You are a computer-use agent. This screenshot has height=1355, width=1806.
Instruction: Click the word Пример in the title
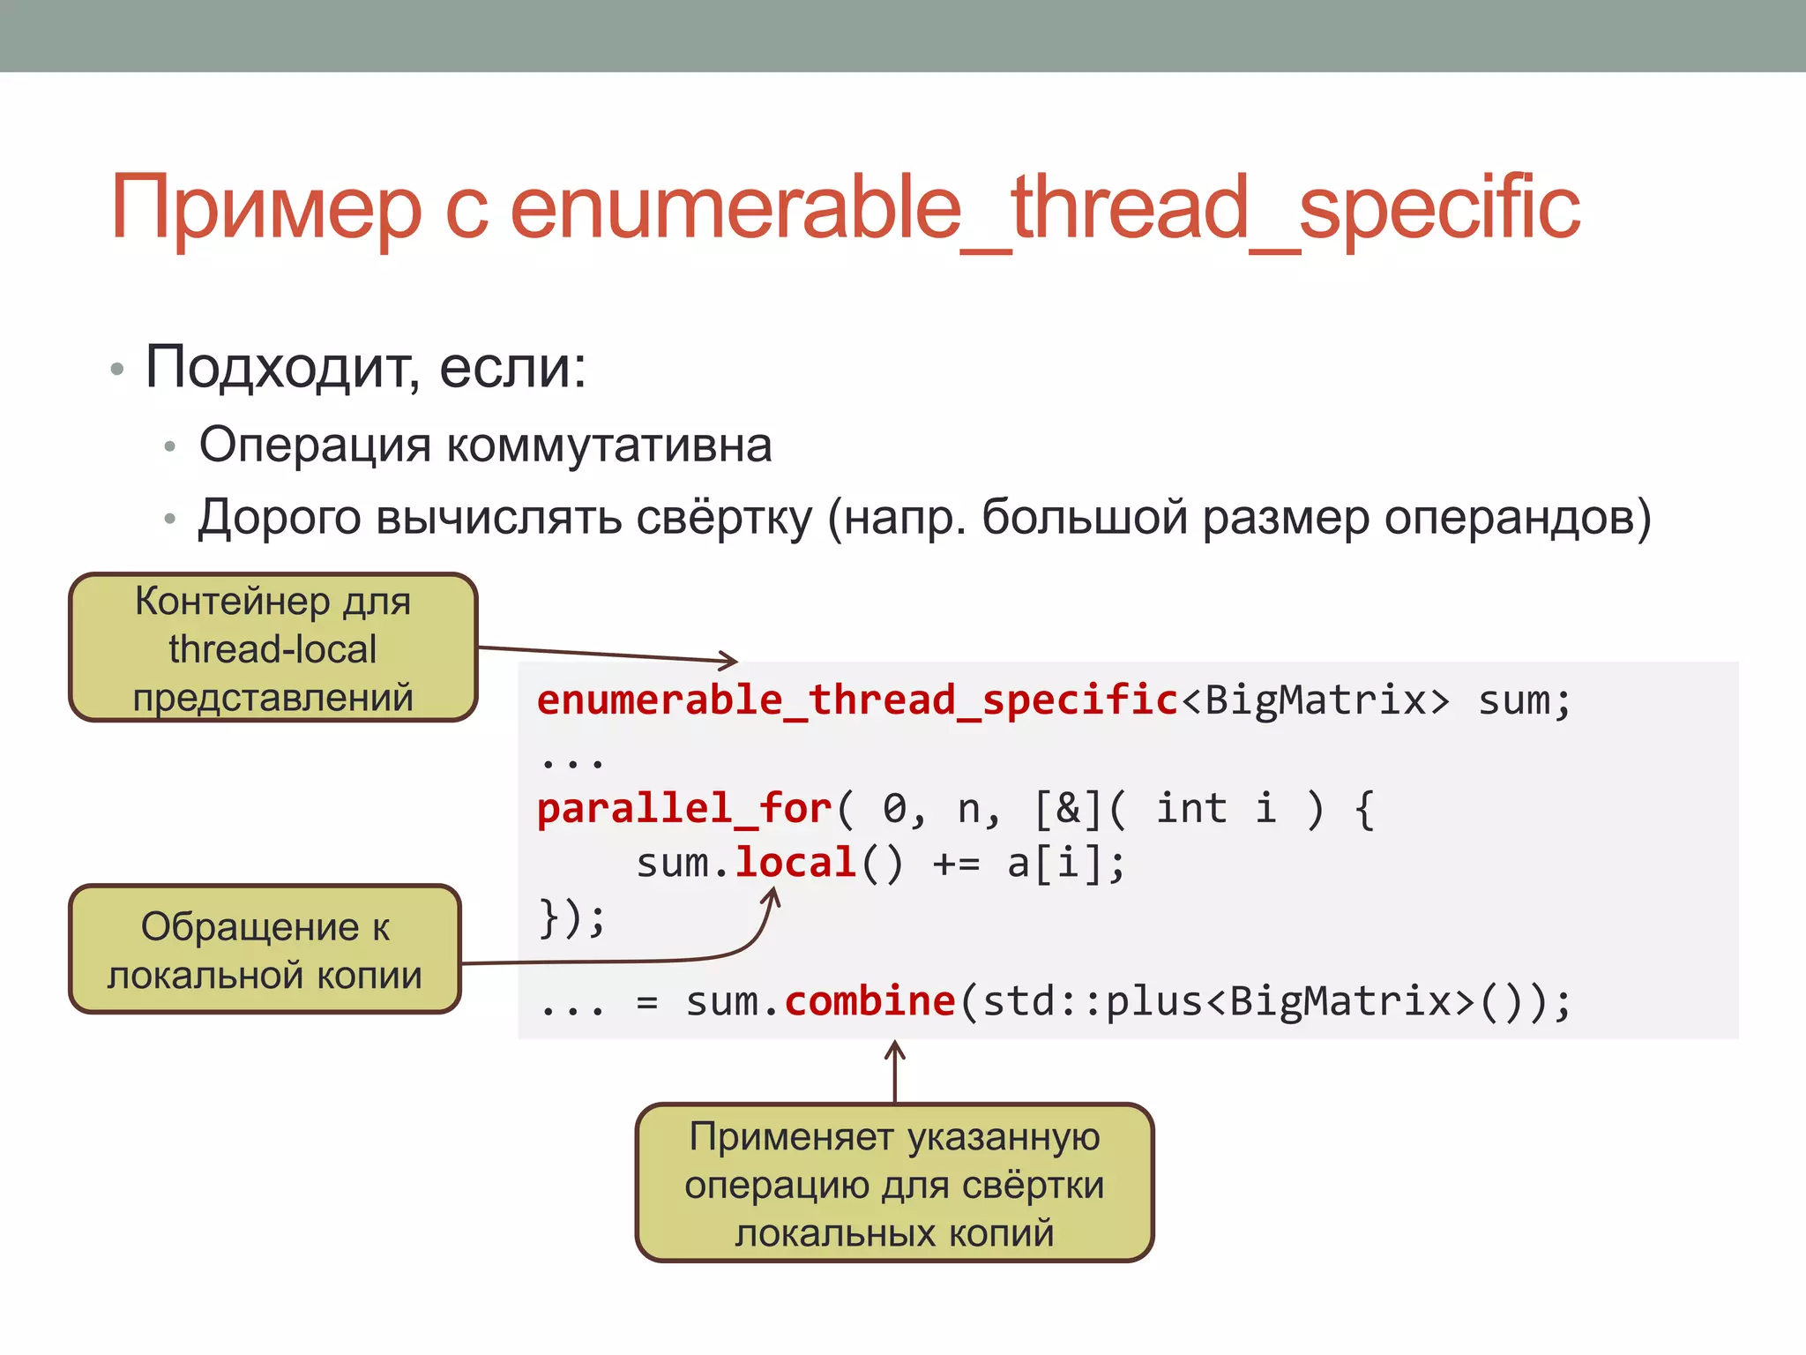[265, 208]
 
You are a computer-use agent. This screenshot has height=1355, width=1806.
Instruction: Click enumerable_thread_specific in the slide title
[1045, 208]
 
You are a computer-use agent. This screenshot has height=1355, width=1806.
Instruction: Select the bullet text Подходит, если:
[365, 367]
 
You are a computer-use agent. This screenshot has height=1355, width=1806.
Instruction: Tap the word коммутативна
[608, 445]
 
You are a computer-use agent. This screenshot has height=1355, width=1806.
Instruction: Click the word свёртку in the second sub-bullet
[723, 517]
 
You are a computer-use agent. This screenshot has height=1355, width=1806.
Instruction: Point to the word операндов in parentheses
[1508, 517]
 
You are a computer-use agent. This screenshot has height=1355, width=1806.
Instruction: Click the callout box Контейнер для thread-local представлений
[273, 648]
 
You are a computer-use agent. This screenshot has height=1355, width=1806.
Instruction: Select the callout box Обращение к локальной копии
[265, 950]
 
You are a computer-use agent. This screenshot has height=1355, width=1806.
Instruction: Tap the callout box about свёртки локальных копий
[894, 1184]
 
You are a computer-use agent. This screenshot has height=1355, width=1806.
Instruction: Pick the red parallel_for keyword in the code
[684, 809]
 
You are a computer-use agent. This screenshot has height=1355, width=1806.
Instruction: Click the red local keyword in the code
[795, 863]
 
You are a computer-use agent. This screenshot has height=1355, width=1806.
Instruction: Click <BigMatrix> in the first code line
[1314, 700]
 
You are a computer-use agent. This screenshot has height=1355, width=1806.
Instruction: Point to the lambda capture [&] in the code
[1067, 809]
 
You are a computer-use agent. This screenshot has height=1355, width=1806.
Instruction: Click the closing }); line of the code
[571, 917]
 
